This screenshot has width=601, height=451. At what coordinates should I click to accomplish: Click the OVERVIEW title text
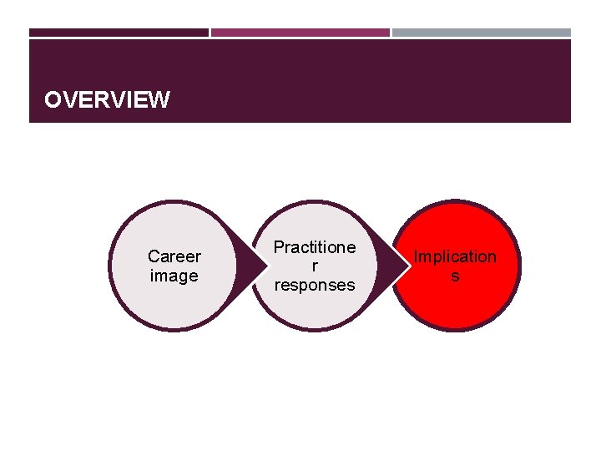[107, 101]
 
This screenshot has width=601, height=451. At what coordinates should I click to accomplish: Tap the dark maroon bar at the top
[119, 33]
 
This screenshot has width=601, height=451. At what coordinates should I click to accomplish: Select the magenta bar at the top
[300, 33]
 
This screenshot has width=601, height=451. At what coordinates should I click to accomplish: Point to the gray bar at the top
[482, 33]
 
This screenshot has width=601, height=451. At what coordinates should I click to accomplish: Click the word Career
[174, 256]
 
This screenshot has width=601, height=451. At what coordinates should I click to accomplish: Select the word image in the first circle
[174, 276]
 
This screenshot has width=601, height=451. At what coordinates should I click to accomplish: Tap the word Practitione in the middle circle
[315, 247]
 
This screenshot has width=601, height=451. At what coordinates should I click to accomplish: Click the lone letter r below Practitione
[315, 266]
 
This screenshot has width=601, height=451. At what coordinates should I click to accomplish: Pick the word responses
[315, 285]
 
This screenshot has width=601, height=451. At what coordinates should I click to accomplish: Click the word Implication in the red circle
[455, 256]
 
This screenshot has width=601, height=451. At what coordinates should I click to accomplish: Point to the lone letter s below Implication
[455, 276]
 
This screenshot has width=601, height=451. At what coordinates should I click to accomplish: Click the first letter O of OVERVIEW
[53, 101]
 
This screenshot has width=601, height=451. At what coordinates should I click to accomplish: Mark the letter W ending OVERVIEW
[160, 101]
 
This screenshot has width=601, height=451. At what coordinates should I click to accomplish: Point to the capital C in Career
[153, 256]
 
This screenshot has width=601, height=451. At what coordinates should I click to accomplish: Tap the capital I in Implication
[417, 256]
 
